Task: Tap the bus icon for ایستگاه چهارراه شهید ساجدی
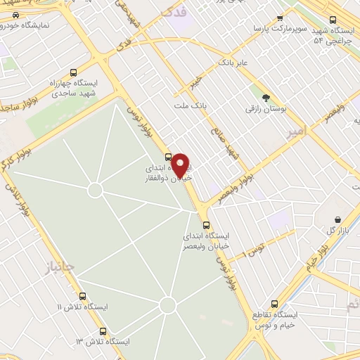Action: tap(74, 72)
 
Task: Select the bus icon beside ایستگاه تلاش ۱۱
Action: tap(83, 296)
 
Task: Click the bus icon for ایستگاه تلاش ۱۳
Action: tap(103, 330)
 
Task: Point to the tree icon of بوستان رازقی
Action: tap(266, 98)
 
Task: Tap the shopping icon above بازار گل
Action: tap(338, 219)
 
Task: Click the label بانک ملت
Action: tap(188, 105)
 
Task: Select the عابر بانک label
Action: tap(232, 63)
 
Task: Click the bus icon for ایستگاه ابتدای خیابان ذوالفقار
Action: tap(168, 157)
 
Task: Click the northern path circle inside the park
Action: tap(95, 190)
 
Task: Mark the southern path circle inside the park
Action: tap(167, 304)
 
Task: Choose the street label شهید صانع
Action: tap(226, 140)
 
